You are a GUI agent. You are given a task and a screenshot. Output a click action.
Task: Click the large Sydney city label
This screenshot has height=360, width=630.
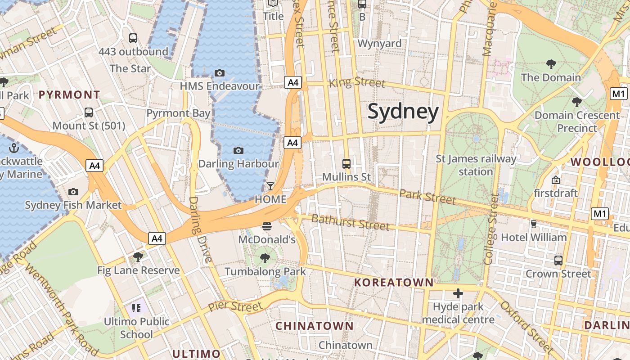click(403, 112)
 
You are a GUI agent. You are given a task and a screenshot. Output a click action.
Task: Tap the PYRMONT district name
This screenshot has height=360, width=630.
click(69, 95)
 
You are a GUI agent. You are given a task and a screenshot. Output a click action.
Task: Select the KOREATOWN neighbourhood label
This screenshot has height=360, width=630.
click(394, 283)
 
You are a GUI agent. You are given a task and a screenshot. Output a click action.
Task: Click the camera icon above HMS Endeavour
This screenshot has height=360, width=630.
click(220, 73)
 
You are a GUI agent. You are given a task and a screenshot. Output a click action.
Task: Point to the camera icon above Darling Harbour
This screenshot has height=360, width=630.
click(238, 150)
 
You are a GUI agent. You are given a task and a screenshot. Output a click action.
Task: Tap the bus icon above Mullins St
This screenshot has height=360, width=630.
click(346, 163)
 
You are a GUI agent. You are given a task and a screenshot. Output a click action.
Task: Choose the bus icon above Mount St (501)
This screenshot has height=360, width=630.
click(89, 112)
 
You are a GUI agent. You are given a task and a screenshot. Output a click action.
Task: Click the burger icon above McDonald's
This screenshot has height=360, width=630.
click(267, 226)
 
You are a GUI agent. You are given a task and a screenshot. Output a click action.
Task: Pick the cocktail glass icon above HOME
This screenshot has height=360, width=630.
click(270, 186)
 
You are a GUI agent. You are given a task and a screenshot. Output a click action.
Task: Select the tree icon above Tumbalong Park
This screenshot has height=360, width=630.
click(265, 258)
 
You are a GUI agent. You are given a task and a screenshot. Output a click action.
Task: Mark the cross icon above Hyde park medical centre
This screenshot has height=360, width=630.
click(458, 294)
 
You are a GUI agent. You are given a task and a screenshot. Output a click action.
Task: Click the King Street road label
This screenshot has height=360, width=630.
click(357, 82)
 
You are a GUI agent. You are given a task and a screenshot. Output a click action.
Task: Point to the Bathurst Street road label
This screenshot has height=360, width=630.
click(350, 222)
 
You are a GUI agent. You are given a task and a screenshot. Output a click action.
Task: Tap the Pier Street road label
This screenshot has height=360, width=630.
click(235, 307)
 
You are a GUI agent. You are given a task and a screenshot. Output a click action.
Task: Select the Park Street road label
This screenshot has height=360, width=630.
click(427, 196)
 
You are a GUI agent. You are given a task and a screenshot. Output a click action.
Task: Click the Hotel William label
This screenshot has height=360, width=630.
click(534, 237)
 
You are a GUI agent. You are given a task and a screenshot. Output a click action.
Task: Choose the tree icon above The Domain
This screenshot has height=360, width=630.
click(551, 64)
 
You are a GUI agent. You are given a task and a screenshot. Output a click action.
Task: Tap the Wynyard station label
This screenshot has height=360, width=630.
click(379, 43)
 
